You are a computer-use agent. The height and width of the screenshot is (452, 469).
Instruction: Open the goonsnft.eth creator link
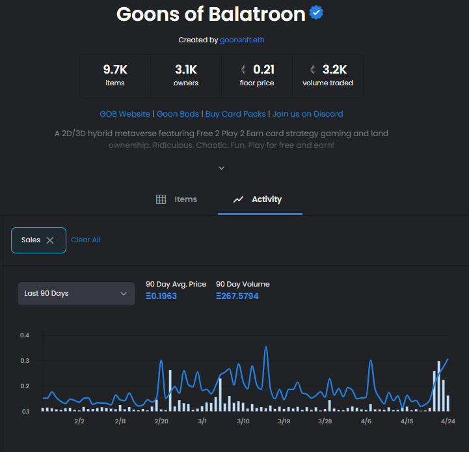[x=242, y=40]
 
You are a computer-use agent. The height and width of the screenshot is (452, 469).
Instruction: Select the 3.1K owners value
[x=186, y=70]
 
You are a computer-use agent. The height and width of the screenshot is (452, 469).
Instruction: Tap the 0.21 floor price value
[x=263, y=70]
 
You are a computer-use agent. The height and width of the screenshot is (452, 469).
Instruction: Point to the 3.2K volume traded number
[x=334, y=70]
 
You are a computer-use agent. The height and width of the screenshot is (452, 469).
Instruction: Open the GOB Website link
[x=125, y=114]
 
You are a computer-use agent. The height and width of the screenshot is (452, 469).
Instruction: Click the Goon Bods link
[x=178, y=114]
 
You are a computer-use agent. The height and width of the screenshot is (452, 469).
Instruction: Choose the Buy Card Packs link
[x=235, y=114]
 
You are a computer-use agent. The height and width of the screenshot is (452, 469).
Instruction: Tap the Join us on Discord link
[x=308, y=114]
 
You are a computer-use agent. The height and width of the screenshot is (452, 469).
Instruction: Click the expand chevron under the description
[x=221, y=168]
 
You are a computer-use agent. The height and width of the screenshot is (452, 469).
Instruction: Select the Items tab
[x=177, y=199]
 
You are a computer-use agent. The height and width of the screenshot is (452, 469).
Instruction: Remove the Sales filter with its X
[x=50, y=240]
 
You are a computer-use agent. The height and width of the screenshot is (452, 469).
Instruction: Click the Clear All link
[x=85, y=240]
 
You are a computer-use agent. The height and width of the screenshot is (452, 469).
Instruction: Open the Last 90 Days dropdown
[x=76, y=293]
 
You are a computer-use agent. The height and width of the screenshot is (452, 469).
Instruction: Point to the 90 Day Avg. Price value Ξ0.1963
[x=161, y=296]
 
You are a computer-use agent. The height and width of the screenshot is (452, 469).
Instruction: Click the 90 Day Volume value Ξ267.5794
[x=237, y=296]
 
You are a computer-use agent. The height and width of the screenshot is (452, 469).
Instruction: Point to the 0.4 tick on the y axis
[x=25, y=335]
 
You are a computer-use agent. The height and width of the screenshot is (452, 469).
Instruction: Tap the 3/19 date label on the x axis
[x=284, y=421]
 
